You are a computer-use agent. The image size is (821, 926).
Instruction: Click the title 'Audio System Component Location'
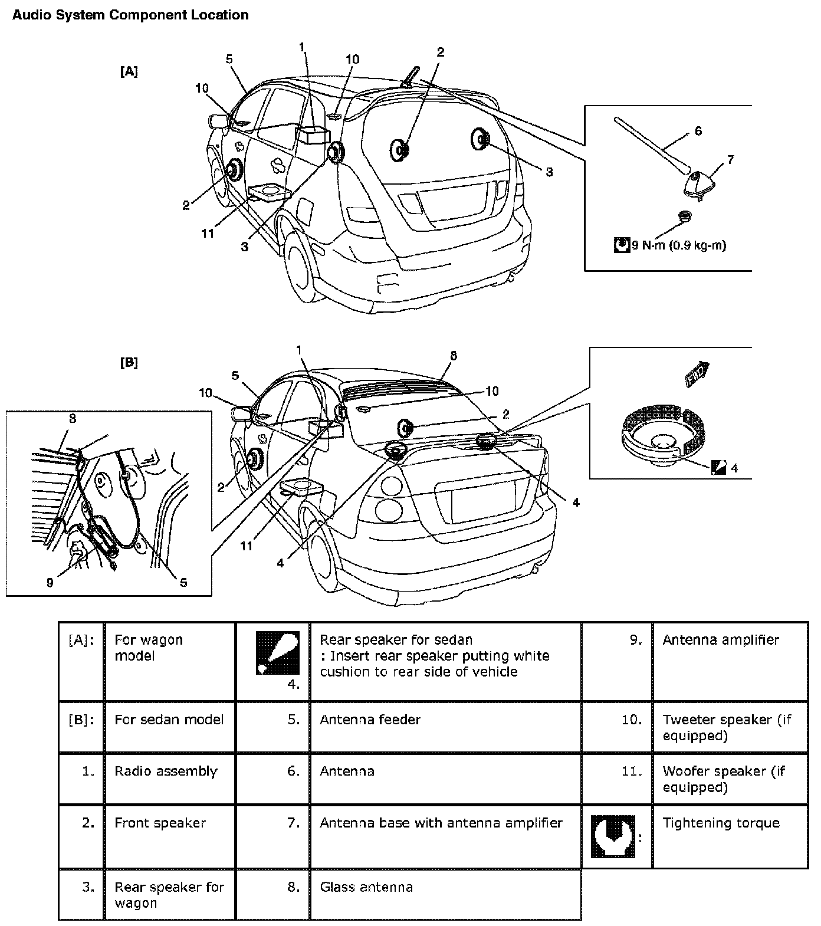(130, 15)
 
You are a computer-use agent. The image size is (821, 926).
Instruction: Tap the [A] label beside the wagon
(129, 71)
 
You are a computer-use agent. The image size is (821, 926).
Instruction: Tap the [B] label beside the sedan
(129, 363)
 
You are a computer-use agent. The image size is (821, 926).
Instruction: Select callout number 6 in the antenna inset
(698, 131)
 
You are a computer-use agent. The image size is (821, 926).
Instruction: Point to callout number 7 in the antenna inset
(731, 160)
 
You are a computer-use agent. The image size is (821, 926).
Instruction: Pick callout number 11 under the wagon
(208, 234)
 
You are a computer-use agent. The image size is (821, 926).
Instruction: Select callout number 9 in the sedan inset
(50, 583)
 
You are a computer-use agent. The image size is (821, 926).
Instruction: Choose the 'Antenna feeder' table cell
(370, 720)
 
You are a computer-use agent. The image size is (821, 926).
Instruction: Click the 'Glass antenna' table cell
(366, 887)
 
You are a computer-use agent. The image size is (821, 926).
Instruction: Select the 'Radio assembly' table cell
(166, 771)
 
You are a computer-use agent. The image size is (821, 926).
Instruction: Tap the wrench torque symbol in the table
(613, 836)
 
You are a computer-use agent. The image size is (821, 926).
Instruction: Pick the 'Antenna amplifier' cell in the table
(721, 640)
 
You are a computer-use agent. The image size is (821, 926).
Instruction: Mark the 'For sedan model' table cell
(169, 720)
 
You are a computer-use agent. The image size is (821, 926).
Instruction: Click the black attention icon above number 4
(277, 653)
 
